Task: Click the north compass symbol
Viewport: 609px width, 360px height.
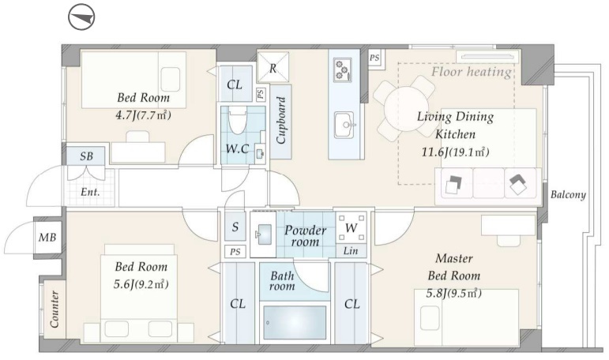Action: [81, 17]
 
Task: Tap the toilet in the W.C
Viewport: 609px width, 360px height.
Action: [236, 121]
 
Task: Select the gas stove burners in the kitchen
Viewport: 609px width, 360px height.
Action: [343, 70]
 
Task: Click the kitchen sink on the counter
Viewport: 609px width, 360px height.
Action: [344, 125]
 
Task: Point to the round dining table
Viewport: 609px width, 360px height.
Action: [406, 108]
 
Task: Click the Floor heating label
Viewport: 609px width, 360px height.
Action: [472, 72]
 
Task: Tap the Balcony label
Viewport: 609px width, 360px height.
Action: [568, 194]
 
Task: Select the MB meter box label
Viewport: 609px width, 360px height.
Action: [47, 238]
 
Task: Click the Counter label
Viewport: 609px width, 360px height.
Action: [55, 309]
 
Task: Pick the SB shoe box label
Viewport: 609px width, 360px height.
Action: [86, 156]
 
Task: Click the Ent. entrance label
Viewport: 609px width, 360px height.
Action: [90, 192]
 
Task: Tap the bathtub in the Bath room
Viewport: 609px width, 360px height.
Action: [295, 322]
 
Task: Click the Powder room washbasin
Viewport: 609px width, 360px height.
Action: [263, 234]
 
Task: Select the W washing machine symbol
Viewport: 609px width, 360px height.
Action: [351, 227]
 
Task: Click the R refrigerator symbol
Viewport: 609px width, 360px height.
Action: [273, 67]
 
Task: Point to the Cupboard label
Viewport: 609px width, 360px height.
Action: [281, 120]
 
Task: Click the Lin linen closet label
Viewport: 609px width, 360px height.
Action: [351, 251]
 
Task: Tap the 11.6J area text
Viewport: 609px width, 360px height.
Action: [432, 152]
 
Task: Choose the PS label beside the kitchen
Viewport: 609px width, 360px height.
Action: [374, 58]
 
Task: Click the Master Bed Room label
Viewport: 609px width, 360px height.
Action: [454, 267]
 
